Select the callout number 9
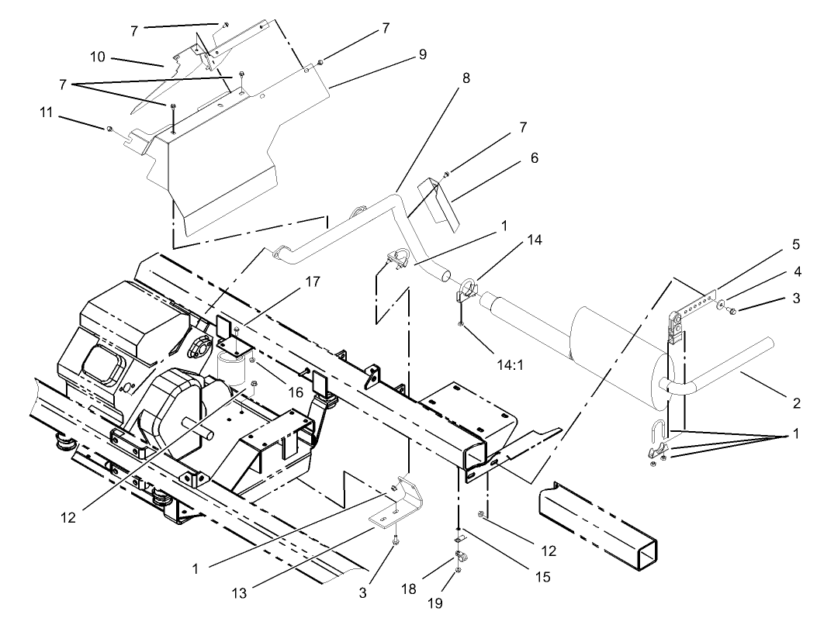(x=422, y=55)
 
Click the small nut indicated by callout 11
(x=111, y=127)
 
